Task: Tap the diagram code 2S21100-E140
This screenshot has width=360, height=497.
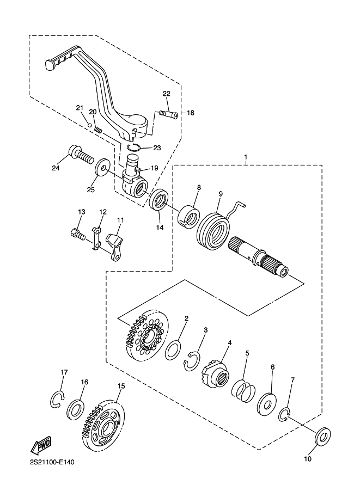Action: click(52, 463)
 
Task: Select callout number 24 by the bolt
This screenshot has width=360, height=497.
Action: click(56, 168)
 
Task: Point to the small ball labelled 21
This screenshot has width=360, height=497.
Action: click(90, 125)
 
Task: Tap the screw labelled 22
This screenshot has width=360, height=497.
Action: click(168, 114)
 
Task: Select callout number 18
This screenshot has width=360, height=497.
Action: click(190, 113)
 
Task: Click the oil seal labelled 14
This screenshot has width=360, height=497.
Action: click(160, 199)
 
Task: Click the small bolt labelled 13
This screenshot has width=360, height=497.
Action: click(77, 234)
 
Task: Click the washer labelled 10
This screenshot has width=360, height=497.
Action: click(323, 437)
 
